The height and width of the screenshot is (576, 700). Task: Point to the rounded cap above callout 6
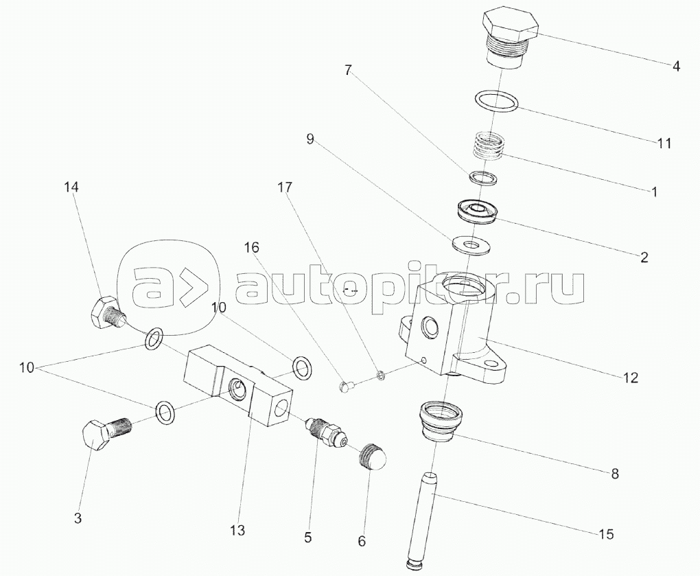[371, 457]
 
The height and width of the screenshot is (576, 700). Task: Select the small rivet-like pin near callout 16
[347, 387]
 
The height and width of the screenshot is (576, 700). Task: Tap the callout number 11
[664, 143]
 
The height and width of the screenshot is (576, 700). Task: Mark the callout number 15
[606, 533]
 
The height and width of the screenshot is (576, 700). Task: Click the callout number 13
[238, 530]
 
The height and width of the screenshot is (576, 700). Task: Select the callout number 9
[310, 139]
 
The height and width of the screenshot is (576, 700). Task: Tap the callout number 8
[614, 473]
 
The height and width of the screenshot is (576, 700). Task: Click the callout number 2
[643, 257]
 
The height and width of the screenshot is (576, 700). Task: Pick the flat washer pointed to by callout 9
[467, 244]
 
